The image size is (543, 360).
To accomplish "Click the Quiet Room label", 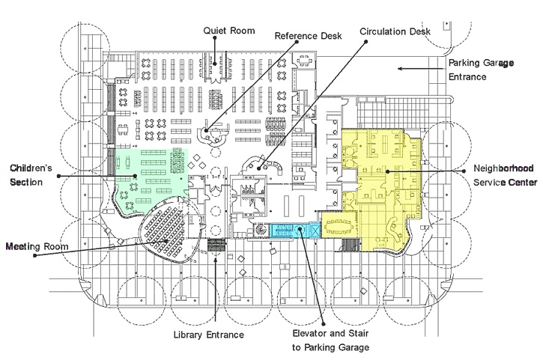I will (230, 31).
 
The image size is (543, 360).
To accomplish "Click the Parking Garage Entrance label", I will (481, 70).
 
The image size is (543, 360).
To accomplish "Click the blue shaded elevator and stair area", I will (288, 231).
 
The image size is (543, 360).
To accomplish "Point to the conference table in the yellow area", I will (344, 223).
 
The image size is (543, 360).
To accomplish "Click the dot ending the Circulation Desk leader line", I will (260, 168).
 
